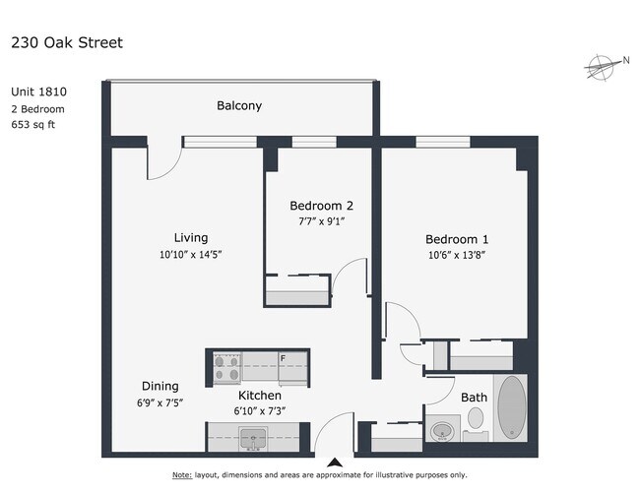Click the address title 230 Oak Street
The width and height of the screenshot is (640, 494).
coord(66,43)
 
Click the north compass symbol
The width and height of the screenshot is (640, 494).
coord(601,67)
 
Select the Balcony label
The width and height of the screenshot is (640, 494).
coord(239,105)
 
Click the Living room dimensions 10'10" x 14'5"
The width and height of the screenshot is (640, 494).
coord(191,254)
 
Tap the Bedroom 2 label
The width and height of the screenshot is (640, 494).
coord(321,206)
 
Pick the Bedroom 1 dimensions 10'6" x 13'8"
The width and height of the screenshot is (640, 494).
coord(457,256)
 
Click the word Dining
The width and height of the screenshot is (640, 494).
coord(160,386)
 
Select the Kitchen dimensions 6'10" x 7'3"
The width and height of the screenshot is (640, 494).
coord(260,410)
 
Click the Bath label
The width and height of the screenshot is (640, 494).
coord(475,398)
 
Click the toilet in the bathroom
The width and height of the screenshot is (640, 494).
coord(476,420)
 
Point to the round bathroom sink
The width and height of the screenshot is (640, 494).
coord(443,429)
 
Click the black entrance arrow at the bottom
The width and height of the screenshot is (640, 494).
coord(335,462)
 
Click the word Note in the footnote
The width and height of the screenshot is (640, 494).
coord(182,475)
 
